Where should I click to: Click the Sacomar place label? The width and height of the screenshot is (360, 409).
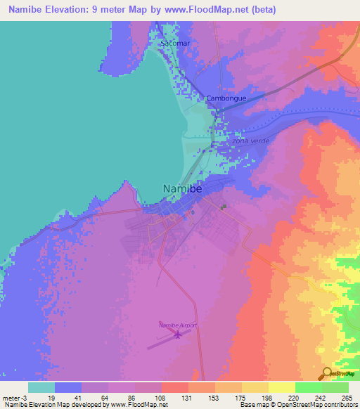click(175, 44)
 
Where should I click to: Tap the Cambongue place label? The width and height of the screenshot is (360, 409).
click(226, 98)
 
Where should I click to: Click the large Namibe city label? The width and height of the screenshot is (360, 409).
click(183, 189)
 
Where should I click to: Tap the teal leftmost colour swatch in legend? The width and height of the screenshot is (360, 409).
click(41, 387)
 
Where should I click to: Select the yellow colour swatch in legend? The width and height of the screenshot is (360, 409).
click(282, 387)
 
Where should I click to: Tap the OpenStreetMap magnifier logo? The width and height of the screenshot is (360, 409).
click(327, 373)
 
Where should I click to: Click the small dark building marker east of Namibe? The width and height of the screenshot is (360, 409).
click(224, 207)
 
